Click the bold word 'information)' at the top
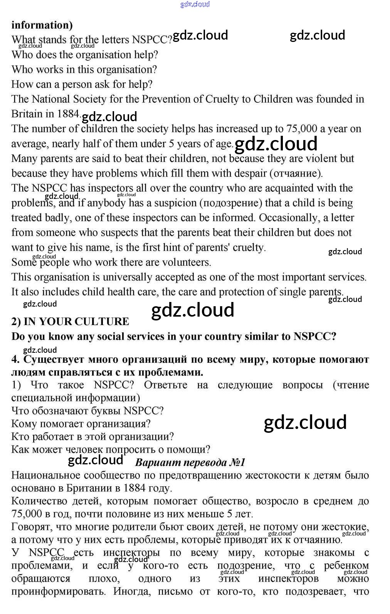(42, 25)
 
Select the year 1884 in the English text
(68, 114)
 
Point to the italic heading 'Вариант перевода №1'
(190, 462)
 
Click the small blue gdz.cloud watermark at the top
(195, 4)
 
